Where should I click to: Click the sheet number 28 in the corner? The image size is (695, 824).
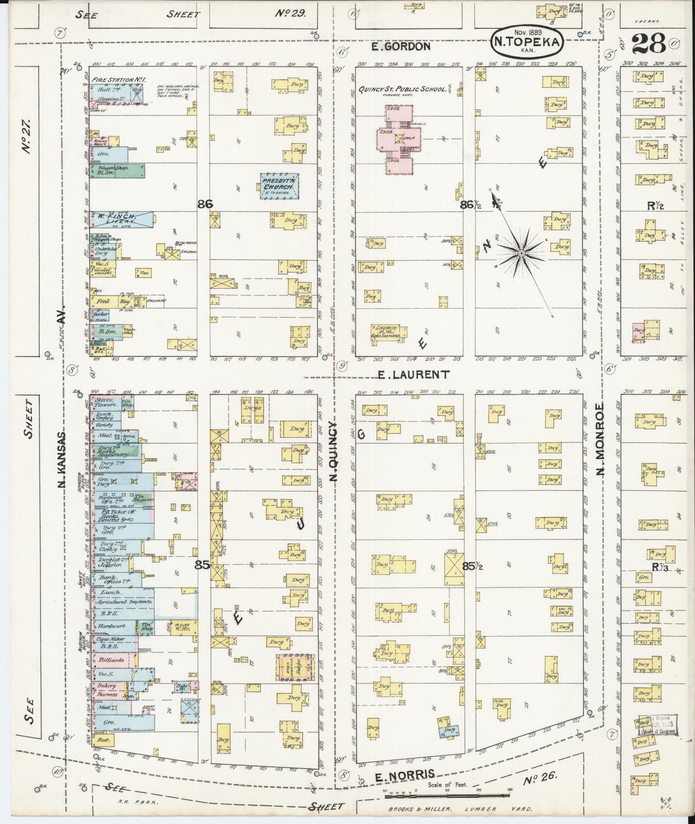click(x=649, y=44)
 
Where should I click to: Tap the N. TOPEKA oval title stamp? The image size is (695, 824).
click(x=527, y=42)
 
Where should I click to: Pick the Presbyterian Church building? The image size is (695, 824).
click(x=279, y=186)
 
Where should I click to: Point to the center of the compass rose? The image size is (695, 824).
click(x=521, y=252)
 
